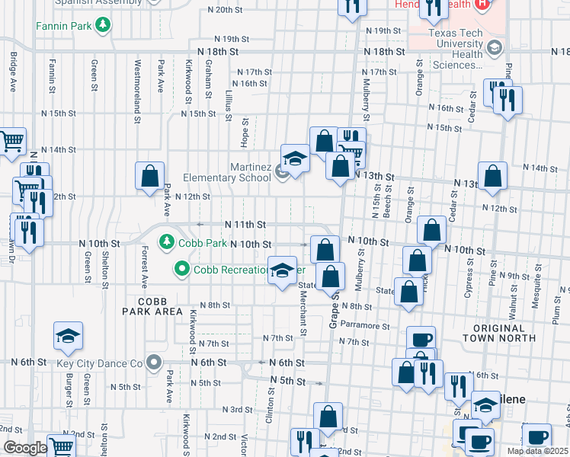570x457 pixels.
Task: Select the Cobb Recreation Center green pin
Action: (181, 270)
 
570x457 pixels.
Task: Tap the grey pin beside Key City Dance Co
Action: (155, 363)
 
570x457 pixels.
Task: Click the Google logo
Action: (24, 448)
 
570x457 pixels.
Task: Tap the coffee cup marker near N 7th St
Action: (421, 340)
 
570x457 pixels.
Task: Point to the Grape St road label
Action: (334, 305)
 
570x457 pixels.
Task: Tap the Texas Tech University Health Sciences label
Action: (456, 49)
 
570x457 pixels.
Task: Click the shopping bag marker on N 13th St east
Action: (493, 175)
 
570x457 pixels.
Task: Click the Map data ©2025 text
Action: (538, 451)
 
